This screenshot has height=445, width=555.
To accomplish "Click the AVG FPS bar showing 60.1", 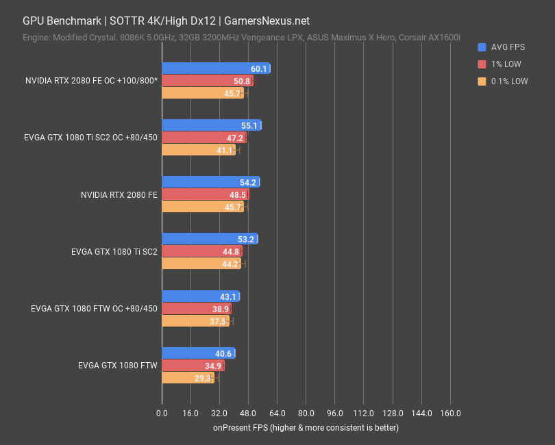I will (x=216, y=68).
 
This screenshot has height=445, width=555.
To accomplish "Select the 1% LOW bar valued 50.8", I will (x=207, y=81).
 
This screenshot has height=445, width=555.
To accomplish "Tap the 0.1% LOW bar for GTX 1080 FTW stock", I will (x=188, y=378).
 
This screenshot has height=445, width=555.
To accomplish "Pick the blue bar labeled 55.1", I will (x=211, y=125).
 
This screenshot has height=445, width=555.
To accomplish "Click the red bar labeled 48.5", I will (x=205, y=195).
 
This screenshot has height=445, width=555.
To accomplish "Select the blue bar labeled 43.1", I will (x=200, y=296).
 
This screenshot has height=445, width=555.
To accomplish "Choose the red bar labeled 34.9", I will (x=193, y=366).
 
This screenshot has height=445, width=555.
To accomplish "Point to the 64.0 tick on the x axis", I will (x=277, y=414).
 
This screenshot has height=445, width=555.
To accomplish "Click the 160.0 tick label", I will (x=449, y=414).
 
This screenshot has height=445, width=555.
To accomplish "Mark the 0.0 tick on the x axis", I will (x=162, y=414).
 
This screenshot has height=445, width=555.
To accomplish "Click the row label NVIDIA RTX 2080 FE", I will (x=119, y=195).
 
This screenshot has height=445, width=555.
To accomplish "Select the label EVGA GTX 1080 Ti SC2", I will (x=114, y=251).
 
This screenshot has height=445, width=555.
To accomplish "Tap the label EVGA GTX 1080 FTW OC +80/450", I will (x=94, y=309).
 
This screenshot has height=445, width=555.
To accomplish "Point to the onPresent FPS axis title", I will (x=305, y=428).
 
